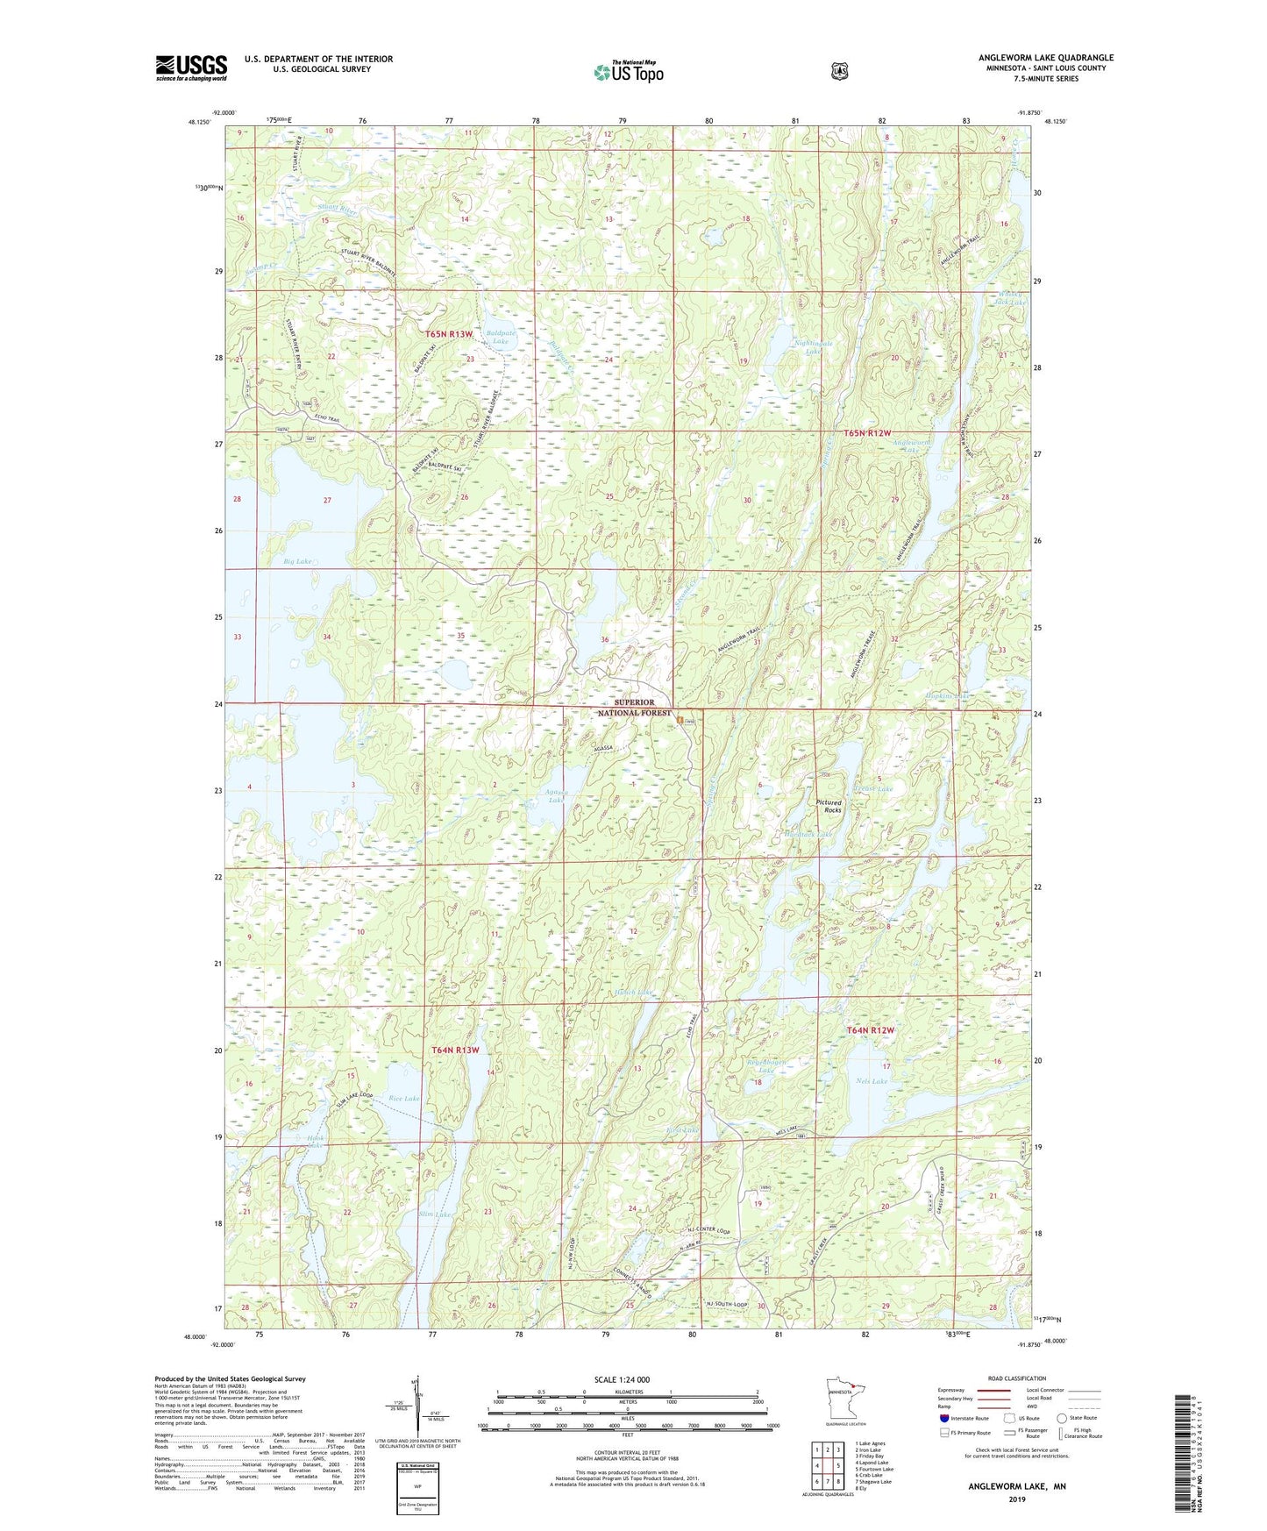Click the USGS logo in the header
point(191,68)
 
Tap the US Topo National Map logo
point(627,71)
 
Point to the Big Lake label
point(297,561)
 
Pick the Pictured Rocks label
point(828,806)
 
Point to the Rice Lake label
point(404,1098)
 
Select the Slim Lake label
point(436,1214)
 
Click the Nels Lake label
point(871,1081)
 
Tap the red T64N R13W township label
point(455,1050)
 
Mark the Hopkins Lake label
point(948,695)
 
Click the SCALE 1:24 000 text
point(622,1379)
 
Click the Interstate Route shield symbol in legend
point(943,1418)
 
